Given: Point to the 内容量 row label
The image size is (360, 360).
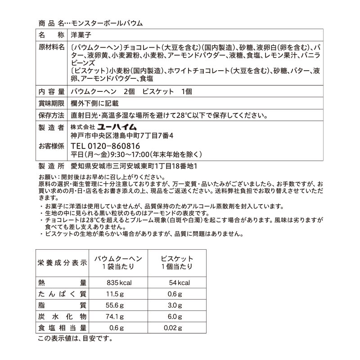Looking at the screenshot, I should point(50,91).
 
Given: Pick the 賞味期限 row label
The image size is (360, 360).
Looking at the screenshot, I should point(50,103).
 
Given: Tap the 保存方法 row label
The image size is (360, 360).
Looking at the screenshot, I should point(50,115).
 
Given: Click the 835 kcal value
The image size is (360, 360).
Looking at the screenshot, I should point(118,283).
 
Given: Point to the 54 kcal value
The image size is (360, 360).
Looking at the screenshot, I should point(177,283).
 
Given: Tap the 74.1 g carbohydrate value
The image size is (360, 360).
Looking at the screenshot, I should point(116,316).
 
